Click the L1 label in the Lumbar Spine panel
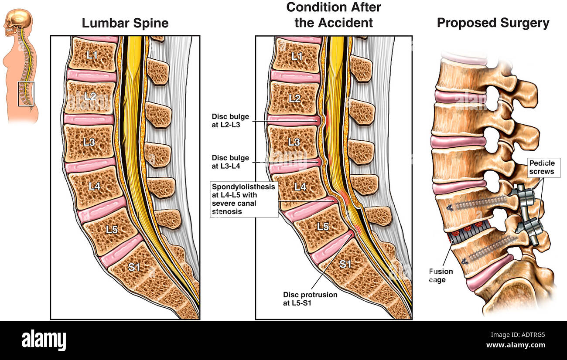pos(92,55)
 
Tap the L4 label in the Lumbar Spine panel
pos(95,186)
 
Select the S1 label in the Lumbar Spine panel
pos(134,267)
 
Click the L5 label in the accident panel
pos(323,226)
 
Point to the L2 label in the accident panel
pos(294,98)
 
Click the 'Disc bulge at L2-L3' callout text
pos(230,120)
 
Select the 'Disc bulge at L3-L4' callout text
pos(230,162)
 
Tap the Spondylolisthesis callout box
pos(244,199)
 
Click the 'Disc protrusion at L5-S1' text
pos(310,299)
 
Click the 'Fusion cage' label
pos(441,275)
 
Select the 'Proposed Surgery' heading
pos(493,23)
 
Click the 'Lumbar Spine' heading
pos(125,23)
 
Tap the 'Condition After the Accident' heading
pos(333,15)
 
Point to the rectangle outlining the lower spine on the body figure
pos(26,94)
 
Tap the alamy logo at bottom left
pos(44,340)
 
